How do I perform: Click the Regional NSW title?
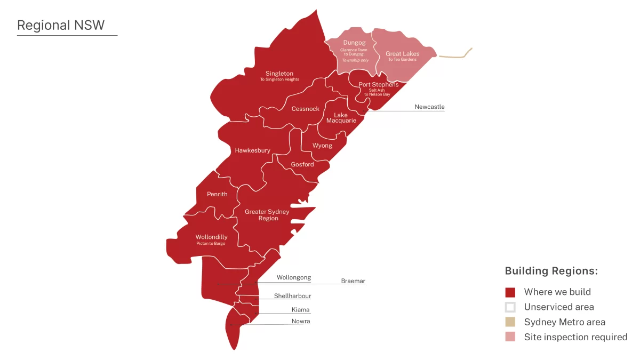coord(61,25)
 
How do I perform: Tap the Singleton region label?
coord(279,74)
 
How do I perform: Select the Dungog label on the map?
coord(354,43)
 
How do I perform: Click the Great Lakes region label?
coord(402,54)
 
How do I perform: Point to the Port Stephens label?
coord(378,85)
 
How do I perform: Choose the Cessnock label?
coord(305,109)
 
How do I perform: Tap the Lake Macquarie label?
coord(341,118)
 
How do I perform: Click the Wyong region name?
coord(322,146)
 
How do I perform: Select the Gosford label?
coord(302,164)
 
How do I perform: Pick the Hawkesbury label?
coord(252,150)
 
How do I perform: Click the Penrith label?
coord(217,194)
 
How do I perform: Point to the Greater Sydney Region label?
coord(267,215)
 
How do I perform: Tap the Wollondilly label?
coord(211,237)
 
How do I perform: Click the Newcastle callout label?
coord(429,107)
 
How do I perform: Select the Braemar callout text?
coord(353,281)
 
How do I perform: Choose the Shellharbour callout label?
coord(292,296)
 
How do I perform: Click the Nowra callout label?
coord(301,321)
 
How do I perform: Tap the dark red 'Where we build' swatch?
coord(510,292)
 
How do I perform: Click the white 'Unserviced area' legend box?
coord(510,307)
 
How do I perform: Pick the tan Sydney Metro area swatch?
coord(510,322)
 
